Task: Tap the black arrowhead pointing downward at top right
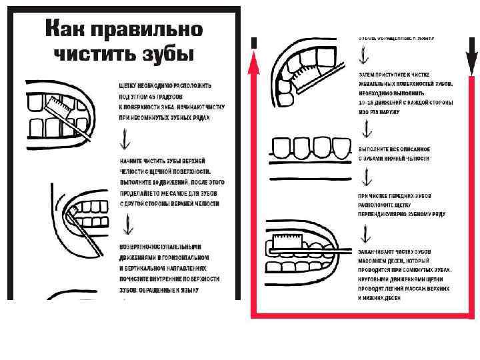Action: tap(471, 63)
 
